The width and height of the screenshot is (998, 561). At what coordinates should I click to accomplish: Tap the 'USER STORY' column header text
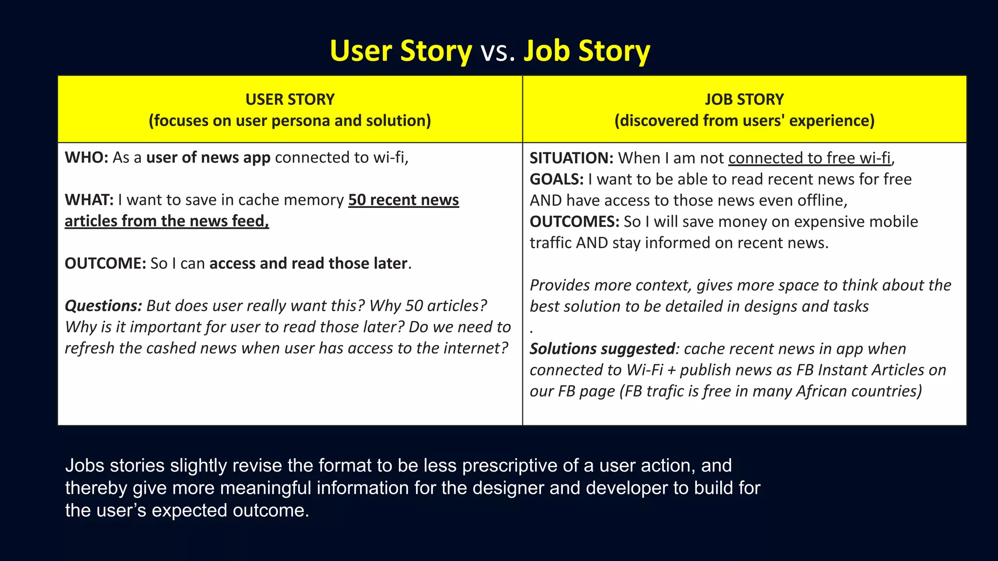[x=290, y=99]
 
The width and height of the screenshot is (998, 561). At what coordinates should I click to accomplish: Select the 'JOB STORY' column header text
[x=744, y=99]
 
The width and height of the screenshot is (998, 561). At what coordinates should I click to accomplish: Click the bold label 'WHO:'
[x=86, y=158]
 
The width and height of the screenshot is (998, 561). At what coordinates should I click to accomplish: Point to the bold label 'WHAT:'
[x=89, y=200]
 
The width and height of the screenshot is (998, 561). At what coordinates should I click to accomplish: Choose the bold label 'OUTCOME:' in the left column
[x=105, y=263]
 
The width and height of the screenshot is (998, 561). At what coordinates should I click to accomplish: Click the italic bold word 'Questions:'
[x=103, y=306]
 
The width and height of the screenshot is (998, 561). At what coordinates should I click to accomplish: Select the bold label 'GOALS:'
[x=557, y=179]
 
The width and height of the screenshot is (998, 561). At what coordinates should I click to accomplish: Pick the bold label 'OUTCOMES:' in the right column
[x=574, y=222]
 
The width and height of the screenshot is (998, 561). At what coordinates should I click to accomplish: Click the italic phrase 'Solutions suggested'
[x=602, y=349]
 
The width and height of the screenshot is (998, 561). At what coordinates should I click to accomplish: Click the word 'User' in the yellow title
[x=361, y=51]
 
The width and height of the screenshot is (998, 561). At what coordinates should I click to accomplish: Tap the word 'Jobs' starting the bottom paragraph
[x=85, y=466]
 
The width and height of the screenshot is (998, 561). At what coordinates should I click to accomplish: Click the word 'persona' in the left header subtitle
[x=301, y=121]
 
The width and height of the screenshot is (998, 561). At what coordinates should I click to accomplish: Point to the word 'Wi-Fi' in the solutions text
[x=645, y=370]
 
